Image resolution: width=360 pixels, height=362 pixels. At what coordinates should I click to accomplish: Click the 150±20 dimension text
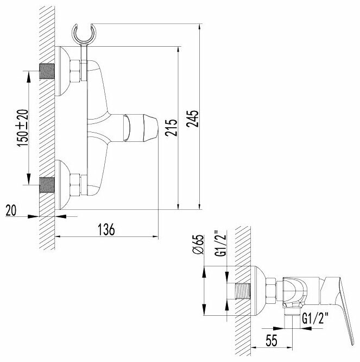pos(22,127)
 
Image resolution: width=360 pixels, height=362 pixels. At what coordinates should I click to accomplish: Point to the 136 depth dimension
pos(108,229)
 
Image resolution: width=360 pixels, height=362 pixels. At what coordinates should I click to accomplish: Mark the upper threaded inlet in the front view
pos(47,72)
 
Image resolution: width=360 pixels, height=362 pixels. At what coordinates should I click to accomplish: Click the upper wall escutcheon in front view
pos(65,71)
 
